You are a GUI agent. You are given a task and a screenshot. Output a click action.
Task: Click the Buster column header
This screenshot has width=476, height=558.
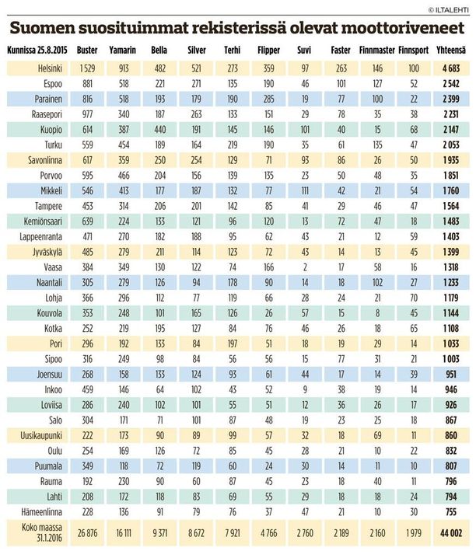(x=87, y=51)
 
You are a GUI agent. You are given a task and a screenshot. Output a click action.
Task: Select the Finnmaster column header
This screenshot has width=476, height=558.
(x=377, y=51)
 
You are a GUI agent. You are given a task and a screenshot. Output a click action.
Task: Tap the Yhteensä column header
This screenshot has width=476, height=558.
(x=451, y=51)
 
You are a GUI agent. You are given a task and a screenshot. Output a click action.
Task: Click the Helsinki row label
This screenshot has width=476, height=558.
(x=50, y=68)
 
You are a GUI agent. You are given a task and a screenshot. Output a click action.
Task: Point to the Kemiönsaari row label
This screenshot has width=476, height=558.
(x=43, y=221)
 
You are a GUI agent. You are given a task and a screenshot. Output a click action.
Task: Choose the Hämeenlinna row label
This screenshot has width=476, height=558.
(x=41, y=512)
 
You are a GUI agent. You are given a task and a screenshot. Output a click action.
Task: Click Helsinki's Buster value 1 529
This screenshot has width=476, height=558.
(x=88, y=68)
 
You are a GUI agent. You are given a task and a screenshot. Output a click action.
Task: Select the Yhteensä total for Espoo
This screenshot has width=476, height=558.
(x=451, y=84)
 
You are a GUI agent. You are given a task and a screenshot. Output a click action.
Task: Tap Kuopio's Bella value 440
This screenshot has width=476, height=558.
(x=160, y=130)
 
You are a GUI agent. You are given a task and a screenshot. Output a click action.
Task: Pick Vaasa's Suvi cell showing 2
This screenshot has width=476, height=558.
(x=305, y=267)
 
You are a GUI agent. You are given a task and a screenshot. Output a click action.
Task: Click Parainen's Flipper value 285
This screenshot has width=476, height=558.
(x=269, y=99)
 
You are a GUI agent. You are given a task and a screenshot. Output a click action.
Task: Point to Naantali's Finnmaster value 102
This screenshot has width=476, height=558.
(x=377, y=283)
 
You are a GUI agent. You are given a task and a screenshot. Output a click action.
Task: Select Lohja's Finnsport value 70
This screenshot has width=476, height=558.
(x=414, y=298)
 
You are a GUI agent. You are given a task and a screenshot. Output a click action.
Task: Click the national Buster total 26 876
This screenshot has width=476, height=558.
(x=88, y=533)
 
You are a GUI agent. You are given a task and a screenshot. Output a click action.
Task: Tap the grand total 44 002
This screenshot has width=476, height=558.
(x=451, y=533)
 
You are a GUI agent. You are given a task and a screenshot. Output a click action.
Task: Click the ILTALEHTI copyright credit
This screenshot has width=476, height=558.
(x=449, y=10)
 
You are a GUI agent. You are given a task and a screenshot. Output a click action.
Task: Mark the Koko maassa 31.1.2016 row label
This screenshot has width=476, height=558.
(x=42, y=532)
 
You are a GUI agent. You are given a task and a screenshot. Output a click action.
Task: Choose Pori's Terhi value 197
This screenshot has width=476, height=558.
(x=233, y=344)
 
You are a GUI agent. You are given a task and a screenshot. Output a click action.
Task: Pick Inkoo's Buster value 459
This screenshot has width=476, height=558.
(x=88, y=389)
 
